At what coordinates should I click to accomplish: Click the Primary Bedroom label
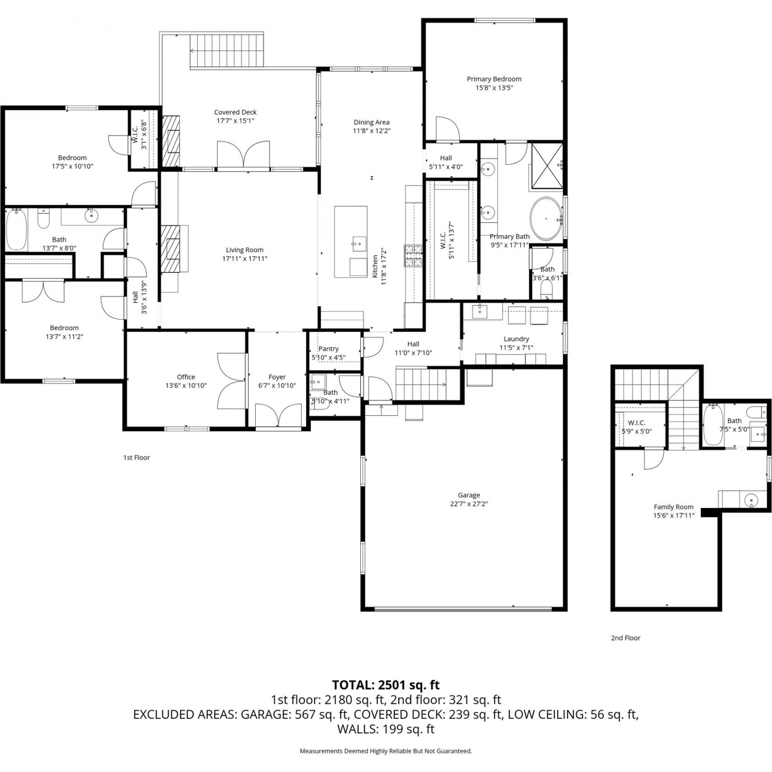(x=494, y=79)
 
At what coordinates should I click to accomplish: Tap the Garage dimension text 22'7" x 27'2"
(x=469, y=504)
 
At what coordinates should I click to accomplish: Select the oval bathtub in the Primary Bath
(x=546, y=218)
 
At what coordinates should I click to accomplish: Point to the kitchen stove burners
(x=413, y=256)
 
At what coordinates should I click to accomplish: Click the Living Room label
(x=244, y=250)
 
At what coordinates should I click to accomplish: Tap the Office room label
(x=186, y=377)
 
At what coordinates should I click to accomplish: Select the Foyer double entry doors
(x=278, y=415)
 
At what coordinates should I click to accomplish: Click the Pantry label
(x=328, y=348)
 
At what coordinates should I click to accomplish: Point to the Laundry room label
(x=516, y=339)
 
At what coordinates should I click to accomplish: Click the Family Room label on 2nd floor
(x=674, y=506)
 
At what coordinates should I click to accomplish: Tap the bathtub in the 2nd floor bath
(x=713, y=425)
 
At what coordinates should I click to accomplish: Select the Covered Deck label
(x=235, y=112)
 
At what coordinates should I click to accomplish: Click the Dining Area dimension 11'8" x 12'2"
(x=372, y=131)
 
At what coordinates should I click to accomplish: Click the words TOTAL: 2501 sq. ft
(x=386, y=685)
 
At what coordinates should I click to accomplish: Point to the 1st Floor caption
(x=136, y=457)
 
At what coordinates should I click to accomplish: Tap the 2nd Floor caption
(x=626, y=638)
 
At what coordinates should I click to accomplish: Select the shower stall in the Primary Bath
(x=547, y=167)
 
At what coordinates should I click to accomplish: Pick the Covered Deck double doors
(x=243, y=154)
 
